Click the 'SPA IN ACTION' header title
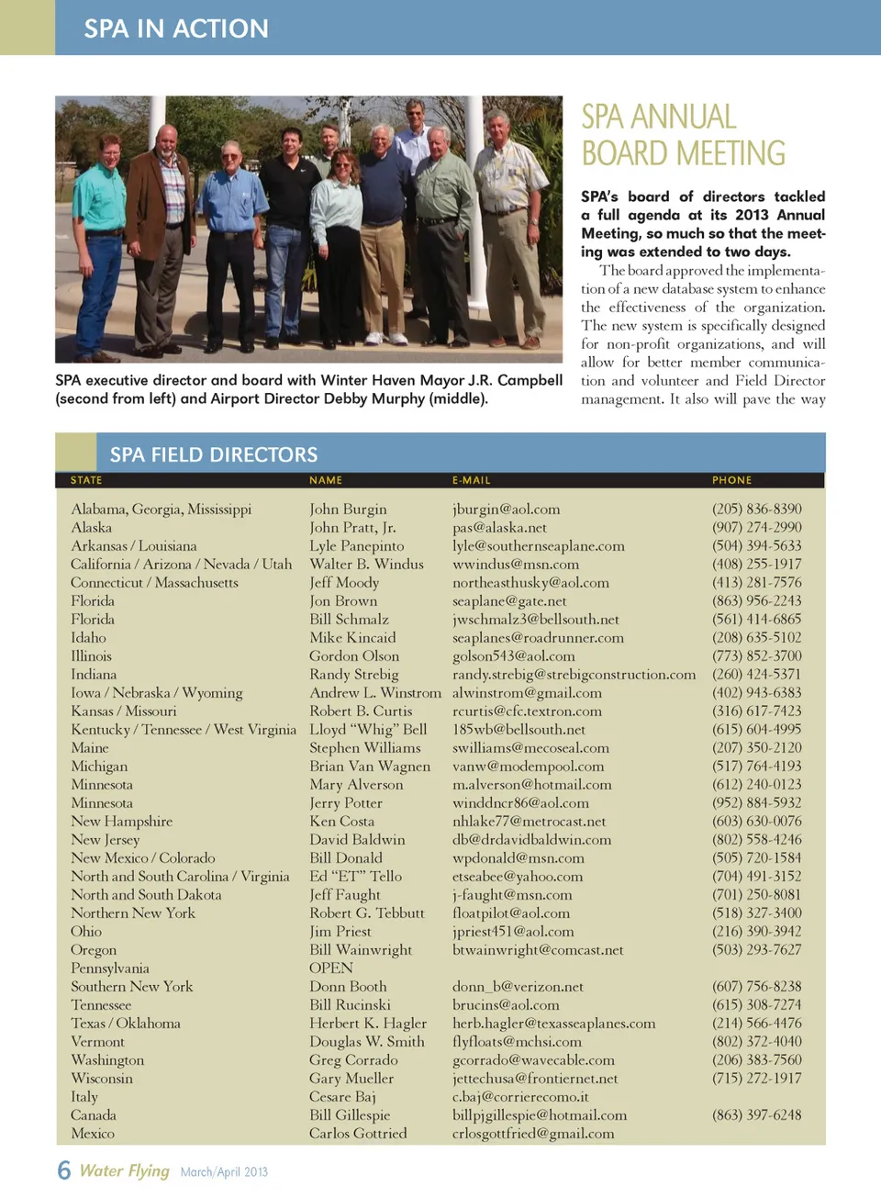[x=176, y=28]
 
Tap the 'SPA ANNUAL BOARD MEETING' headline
[x=683, y=135]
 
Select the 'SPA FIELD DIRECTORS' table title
[x=214, y=454]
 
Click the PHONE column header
[x=731, y=480]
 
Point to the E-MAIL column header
[x=471, y=480]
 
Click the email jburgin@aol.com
[x=506, y=509]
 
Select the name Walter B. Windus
[x=366, y=564]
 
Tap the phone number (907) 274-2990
[x=756, y=527]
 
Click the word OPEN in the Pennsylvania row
[x=330, y=968]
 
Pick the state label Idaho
[x=88, y=637]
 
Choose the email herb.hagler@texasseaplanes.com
[x=553, y=1023]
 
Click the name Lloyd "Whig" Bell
[x=368, y=729]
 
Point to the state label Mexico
[x=93, y=1133]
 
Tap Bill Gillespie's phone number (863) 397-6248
[x=756, y=1114]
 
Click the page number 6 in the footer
[x=63, y=1170]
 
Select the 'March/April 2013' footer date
[x=224, y=1171]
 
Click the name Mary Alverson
[x=356, y=784]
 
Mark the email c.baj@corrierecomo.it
[x=520, y=1096]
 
